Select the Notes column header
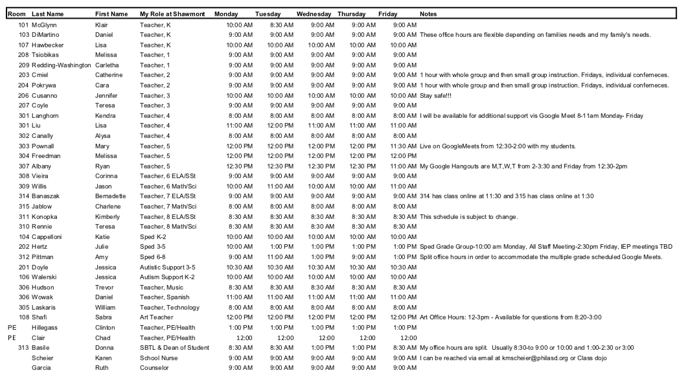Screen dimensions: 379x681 click(x=428, y=14)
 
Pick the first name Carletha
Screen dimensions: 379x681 click(x=109, y=65)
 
